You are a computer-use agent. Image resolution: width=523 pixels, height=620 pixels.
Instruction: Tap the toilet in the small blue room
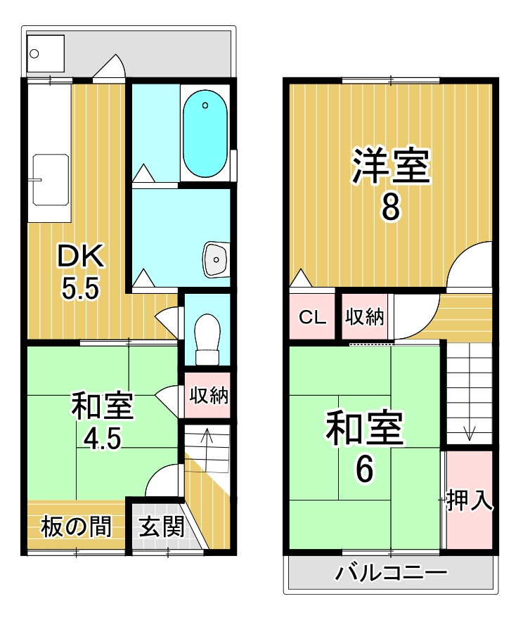pyautogui.click(x=207, y=340)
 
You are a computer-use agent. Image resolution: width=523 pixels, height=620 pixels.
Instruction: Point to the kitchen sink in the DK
pyautogui.click(x=51, y=180)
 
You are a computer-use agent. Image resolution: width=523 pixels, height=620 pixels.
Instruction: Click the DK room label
pyautogui.click(x=81, y=256)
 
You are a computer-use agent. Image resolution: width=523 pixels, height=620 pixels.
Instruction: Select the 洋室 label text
pyautogui.click(x=391, y=166)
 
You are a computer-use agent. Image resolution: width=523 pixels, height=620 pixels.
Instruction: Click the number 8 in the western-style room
pyautogui.click(x=391, y=207)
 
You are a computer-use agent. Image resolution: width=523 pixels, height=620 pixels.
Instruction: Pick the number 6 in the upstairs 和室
pyautogui.click(x=364, y=469)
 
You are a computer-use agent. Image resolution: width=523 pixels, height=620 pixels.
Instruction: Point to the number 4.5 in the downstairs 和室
pyautogui.click(x=103, y=438)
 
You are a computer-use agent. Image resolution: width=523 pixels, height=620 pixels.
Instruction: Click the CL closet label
pyautogui.click(x=312, y=317)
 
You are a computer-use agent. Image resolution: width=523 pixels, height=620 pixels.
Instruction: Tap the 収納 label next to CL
pyautogui.click(x=364, y=316)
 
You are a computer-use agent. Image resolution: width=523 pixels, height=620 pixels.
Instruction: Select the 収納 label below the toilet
pyautogui.click(x=209, y=394)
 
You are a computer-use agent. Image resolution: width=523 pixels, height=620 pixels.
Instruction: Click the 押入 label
pyautogui.click(x=470, y=500)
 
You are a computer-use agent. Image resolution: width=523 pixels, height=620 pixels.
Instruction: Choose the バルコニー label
pyautogui.click(x=392, y=573)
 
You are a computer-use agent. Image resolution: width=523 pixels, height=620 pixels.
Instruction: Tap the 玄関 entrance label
pyautogui.click(x=162, y=527)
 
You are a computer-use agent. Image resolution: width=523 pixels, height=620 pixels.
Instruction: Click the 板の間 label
pyautogui.click(x=77, y=527)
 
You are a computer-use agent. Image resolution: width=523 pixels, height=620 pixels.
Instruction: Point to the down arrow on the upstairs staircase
pyautogui.click(x=470, y=433)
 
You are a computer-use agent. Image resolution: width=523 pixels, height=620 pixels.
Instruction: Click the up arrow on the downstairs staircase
pyautogui.click(x=207, y=435)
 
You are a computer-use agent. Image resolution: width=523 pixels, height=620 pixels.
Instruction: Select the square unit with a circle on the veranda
pyautogui.click(x=46, y=53)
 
